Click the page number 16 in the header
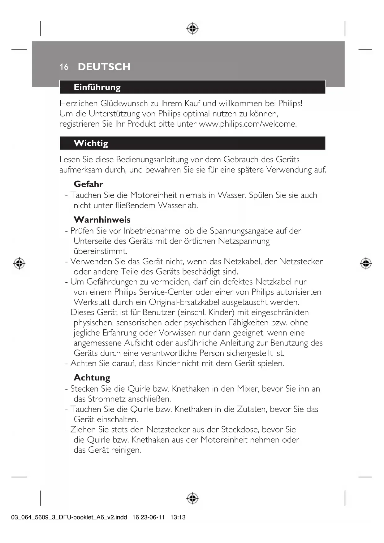click(64, 67)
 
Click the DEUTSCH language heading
click(104, 67)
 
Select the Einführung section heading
click(97, 87)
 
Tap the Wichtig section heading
click(91, 143)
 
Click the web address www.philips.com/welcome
click(247, 124)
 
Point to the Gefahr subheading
click(88, 184)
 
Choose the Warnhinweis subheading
click(102, 220)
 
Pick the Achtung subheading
click(92, 378)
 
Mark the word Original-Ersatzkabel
click(184, 302)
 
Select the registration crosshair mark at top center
click(192, 28)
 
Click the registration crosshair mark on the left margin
click(19, 263)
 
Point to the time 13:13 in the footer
click(178, 517)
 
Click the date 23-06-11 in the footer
click(153, 517)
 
